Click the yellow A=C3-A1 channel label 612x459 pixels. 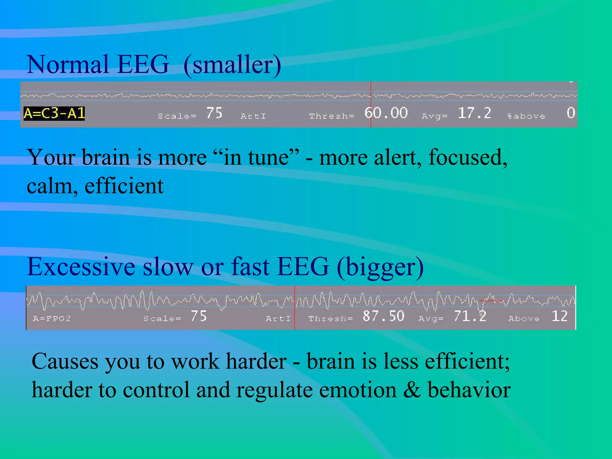54,114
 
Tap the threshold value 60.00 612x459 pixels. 386,113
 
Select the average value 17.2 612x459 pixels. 474,113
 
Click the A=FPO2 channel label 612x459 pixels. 52,319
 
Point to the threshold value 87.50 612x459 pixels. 383,316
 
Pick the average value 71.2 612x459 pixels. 470,316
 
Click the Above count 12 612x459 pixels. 559,316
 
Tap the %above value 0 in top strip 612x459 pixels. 570,113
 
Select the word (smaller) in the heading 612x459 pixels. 232,65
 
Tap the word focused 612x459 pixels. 468,157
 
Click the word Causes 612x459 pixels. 65,362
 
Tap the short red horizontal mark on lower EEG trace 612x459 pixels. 490,300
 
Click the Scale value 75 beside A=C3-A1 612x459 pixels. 214,113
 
